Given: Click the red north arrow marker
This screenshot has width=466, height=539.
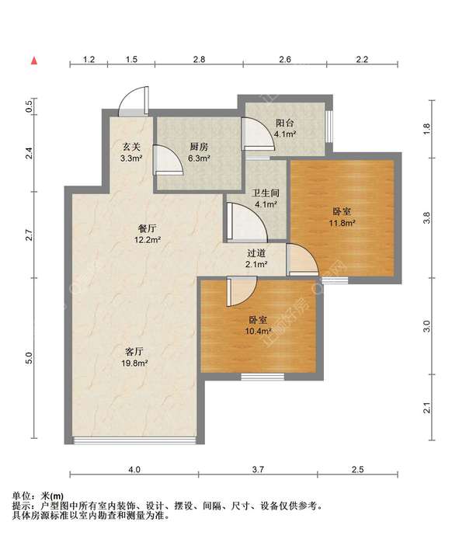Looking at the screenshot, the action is coord(34,61).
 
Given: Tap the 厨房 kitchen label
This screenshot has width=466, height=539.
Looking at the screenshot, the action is coord(199,147).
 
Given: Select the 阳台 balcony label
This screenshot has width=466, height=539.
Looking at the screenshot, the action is coord(285,123).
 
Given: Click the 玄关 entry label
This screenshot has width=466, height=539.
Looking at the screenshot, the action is coord(131,147).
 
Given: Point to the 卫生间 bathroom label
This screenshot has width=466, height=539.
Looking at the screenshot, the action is coord(266,193).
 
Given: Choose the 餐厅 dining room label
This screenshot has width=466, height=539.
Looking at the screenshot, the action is coord(147,228).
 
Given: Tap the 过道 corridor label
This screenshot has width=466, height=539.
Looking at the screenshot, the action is coord(256,253).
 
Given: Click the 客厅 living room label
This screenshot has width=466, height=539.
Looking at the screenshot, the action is coord(134,352).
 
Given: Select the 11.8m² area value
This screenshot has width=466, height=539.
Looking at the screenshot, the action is coord(342,223).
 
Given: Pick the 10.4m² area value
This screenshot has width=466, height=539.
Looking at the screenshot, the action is coord(258,332).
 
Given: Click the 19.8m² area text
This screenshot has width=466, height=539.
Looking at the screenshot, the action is coord(134,363).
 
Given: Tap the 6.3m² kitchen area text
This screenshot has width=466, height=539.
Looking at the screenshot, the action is coord(199,158).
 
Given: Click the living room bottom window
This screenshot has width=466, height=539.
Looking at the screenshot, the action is coord(134,440).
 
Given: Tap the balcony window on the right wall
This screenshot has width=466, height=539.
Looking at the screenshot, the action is coord(329,126).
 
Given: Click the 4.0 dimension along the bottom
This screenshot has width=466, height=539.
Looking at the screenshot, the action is coord(134,470).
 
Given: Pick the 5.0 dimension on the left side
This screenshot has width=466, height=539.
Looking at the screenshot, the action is coord(30,358).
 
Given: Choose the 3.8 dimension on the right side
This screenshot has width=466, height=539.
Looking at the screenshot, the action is coord(426,218).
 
